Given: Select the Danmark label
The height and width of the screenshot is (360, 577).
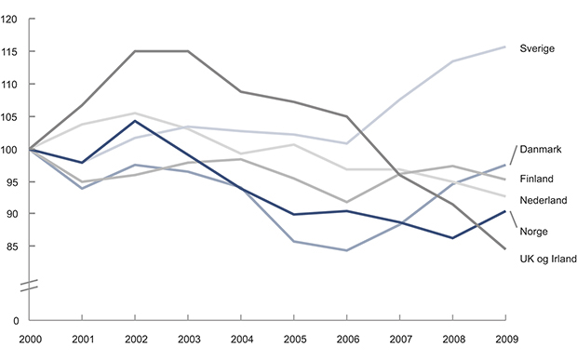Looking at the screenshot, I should [541, 149].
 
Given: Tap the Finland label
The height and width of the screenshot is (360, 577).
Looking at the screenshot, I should [536, 179].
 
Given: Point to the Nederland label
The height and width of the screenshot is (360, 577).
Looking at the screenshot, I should [543, 199].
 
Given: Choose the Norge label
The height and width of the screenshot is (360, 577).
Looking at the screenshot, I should [533, 232].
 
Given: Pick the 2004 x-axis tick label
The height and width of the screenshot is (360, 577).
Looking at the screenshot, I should [242, 341].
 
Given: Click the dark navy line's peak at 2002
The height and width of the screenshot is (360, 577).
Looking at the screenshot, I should [136, 121].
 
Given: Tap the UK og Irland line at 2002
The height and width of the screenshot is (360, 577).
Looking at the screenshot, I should [136, 51].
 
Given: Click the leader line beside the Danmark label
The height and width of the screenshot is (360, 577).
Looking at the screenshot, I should [511, 156].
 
